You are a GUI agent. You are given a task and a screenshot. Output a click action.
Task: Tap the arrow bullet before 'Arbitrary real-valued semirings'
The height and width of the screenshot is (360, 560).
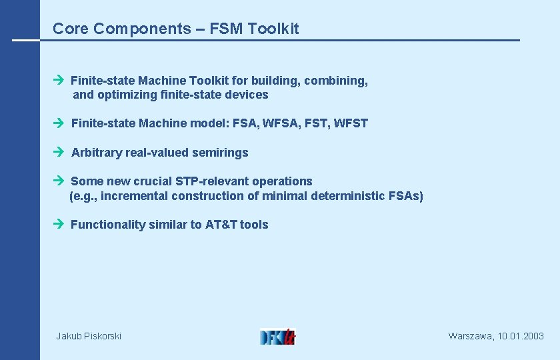[x=57, y=152]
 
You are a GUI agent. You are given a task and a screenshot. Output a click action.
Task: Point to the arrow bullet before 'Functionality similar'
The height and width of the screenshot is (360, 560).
[x=57, y=224]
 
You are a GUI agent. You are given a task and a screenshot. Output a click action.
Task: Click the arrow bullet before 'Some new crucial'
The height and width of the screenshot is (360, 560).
[x=57, y=181]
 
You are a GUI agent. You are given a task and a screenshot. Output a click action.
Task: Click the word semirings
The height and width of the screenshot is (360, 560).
[x=220, y=153]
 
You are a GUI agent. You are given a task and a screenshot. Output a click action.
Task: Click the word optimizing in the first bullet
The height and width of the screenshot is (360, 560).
[x=127, y=95]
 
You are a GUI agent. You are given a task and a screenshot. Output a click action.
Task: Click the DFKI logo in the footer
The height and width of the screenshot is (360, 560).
[x=277, y=336]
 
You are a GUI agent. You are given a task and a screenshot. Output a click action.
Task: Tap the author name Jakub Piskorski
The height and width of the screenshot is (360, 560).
[x=89, y=337]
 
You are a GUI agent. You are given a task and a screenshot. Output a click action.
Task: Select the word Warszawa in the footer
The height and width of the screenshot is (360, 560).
[x=471, y=337]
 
